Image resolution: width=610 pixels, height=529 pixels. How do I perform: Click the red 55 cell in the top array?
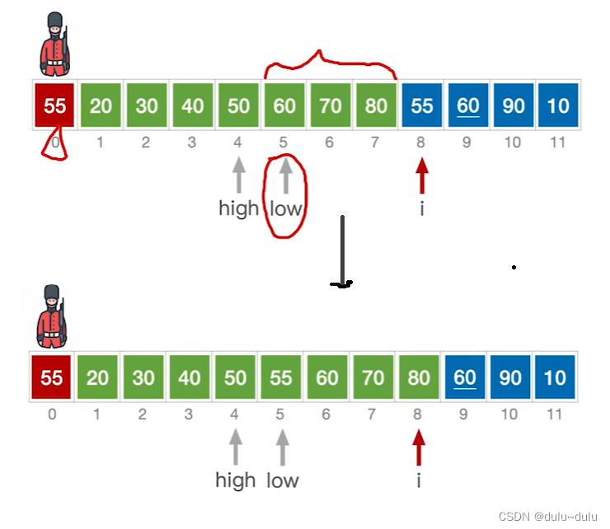(55, 105)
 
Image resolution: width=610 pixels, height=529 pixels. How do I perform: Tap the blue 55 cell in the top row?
(421, 105)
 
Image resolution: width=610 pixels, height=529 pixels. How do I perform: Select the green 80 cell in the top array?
(376, 105)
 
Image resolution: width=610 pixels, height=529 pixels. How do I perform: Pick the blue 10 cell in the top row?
(558, 105)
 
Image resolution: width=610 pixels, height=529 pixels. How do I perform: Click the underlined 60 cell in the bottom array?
(465, 377)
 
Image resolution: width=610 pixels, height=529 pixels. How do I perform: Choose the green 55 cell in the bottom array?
(281, 377)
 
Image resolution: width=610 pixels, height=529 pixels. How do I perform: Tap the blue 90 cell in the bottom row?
(511, 377)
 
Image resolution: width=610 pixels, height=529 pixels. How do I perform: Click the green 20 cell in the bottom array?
(97, 377)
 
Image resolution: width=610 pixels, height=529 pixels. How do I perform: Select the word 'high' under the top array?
(238, 208)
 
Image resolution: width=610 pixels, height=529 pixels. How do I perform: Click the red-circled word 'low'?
(286, 208)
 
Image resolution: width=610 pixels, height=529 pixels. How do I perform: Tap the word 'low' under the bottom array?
(282, 480)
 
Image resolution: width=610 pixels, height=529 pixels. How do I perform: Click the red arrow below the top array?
(422, 176)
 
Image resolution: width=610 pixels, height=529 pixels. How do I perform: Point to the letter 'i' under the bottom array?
(419, 480)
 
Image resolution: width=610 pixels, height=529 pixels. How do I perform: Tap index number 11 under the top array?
(558, 143)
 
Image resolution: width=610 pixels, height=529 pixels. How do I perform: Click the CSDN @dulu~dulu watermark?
(547, 517)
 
